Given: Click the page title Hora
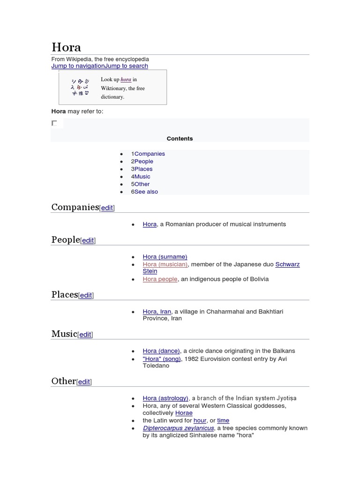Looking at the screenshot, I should (66, 47).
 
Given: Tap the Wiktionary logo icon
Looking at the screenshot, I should (80, 87).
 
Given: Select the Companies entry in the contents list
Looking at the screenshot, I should (150, 154).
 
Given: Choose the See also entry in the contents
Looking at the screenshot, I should (146, 192).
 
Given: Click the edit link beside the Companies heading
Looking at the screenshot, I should (107, 208).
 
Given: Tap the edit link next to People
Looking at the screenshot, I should (88, 240).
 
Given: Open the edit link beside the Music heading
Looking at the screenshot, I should (85, 335).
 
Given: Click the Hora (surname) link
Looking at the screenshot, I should (165, 257).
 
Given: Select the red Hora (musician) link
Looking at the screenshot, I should (165, 264).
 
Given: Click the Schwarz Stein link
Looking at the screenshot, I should (287, 264).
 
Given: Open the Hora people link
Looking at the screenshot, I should (160, 279).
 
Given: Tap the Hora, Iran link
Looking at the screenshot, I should (157, 312).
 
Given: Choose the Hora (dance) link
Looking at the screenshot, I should (161, 351).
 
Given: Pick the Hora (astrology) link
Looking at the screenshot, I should (165, 398).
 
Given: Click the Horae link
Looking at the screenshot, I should (184, 413).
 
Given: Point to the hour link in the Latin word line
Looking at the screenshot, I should (200, 421).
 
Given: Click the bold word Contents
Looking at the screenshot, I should (180, 139).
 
